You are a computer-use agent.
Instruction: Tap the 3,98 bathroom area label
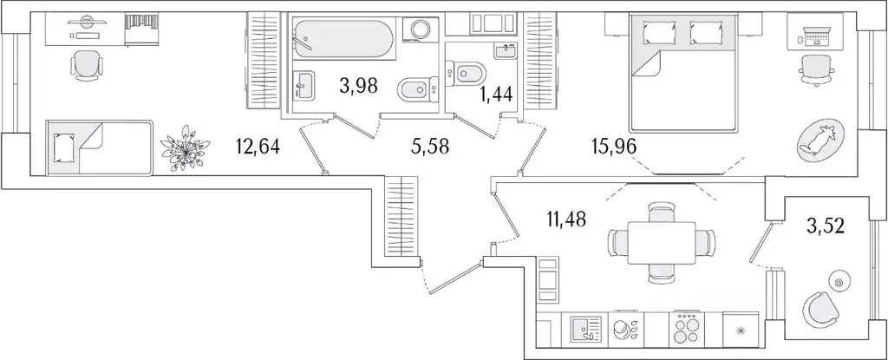358,87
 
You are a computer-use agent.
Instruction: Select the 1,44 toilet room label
496,95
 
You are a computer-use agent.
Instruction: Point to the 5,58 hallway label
430,147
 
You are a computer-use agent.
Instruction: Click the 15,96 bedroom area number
615,147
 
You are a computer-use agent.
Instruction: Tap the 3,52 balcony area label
826,226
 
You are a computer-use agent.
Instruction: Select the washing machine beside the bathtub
420,29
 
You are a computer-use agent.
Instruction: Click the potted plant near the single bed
185,148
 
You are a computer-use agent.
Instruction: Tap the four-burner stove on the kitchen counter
686,330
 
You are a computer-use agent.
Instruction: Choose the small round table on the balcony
839,282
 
